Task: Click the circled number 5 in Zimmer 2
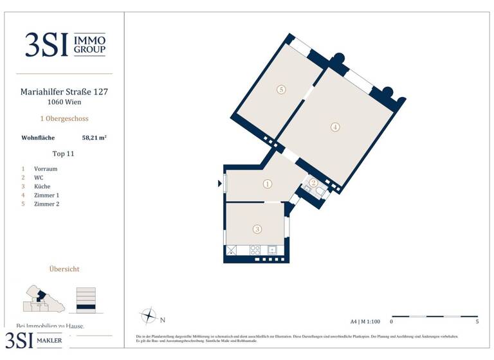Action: pos(281,89)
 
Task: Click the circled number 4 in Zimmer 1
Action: pos(335,127)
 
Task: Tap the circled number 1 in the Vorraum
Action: pos(268,184)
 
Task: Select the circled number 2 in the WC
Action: pos(313,183)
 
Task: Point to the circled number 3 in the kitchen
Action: pos(257,229)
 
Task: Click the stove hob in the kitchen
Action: pos(255,249)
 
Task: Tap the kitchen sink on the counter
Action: pos(272,249)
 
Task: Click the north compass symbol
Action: pos(149,317)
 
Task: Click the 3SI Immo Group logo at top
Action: pos(64,45)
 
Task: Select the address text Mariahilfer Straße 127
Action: pos(64,92)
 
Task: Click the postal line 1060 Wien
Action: pos(64,102)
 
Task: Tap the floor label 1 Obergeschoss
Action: pos(64,119)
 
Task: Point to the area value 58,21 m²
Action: pos(94,138)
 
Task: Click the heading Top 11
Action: pos(64,154)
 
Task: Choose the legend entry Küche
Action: pos(42,186)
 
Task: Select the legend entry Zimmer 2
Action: pos(46,204)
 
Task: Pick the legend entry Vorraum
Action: pos(46,169)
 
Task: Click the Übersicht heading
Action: pos(64,269)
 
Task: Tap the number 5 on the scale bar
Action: pos(477,321)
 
